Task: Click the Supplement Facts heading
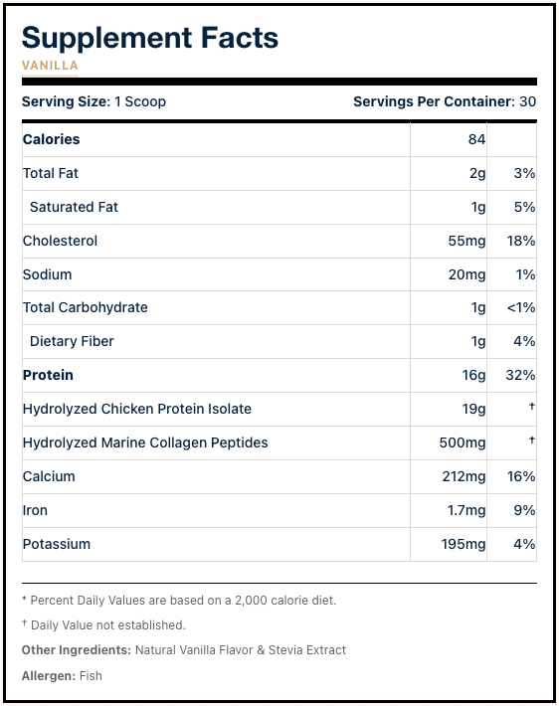(x=150, y=38)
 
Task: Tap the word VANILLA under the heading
(x=50, y=66)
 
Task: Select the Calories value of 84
(x=476, y=139)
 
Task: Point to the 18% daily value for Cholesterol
(x=521, y=241)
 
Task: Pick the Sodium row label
(x=48, y=274)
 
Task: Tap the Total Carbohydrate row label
(x=86, y=307)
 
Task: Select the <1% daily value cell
(x=520, y=308)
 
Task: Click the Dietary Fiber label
(x=72, y=341)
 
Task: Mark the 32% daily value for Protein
(x=520, y=375)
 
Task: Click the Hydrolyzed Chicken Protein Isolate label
(x=137, y=409)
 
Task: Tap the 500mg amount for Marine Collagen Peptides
(x=463, y=442)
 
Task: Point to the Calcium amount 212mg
(x=464, y=476)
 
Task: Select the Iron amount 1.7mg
(x=466, y=510)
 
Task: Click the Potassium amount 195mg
(x=464, y=544)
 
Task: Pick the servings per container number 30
(x=528, y=101)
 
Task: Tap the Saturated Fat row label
(x=74, y=207)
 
